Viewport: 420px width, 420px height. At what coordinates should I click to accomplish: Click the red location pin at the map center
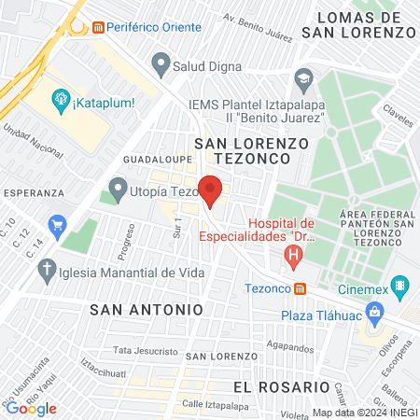point(211,191)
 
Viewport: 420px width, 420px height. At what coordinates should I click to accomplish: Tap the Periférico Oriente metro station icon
point(97,29)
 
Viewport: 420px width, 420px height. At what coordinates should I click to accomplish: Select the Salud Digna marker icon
point(161,65)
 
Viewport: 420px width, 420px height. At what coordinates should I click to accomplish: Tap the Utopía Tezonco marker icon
point(118,189)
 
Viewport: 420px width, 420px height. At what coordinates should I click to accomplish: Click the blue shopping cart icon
point(58,224)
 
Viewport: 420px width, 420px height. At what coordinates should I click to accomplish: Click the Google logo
point(31,408)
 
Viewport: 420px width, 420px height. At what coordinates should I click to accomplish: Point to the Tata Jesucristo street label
point(145,351)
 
